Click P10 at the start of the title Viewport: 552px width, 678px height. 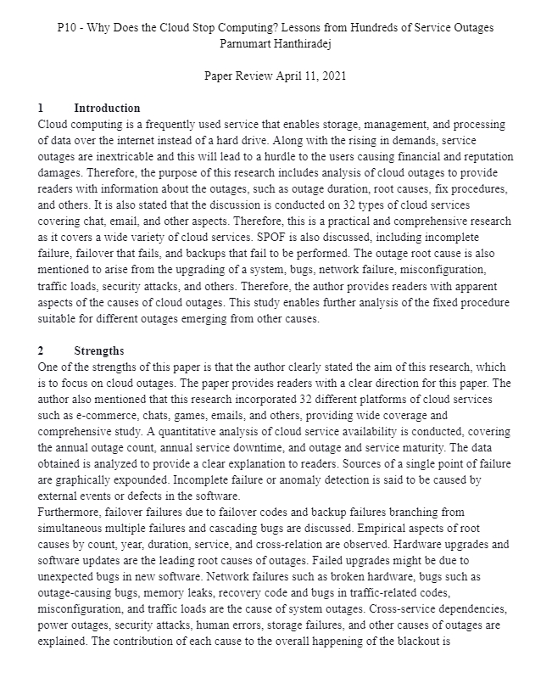(x=67, y=27)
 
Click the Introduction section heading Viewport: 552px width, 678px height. (x=107, y=109)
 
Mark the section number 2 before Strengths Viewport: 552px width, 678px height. (x=41, y=350)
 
